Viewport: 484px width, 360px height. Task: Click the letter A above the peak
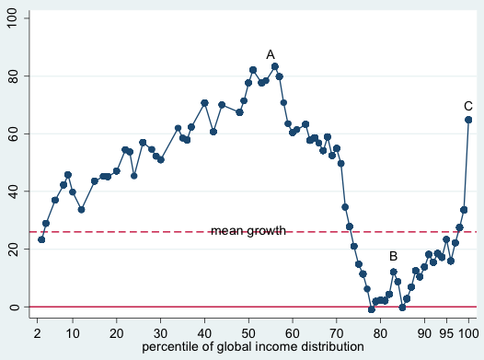(x=271, y=54)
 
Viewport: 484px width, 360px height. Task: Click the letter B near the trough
(x=393, y=256)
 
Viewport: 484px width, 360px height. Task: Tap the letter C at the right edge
(x=468, y=106)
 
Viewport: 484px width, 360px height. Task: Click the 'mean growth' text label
(x=248, y=231)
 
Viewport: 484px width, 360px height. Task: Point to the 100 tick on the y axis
(x=12, y=18)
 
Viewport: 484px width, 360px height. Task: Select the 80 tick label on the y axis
(x=12, y=76)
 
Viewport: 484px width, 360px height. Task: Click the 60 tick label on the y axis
(x=12, y=134)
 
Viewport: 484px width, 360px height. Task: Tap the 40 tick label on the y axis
(x=12, y=192)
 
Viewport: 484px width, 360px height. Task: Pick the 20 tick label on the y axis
(x=12, y=249)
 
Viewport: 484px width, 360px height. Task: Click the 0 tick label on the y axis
(x=12, y=307)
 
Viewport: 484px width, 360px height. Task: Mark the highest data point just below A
(x=275, y=66)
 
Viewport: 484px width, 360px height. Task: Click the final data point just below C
(x=468, y=120)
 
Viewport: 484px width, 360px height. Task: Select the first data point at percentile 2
(x=41, y=239)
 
